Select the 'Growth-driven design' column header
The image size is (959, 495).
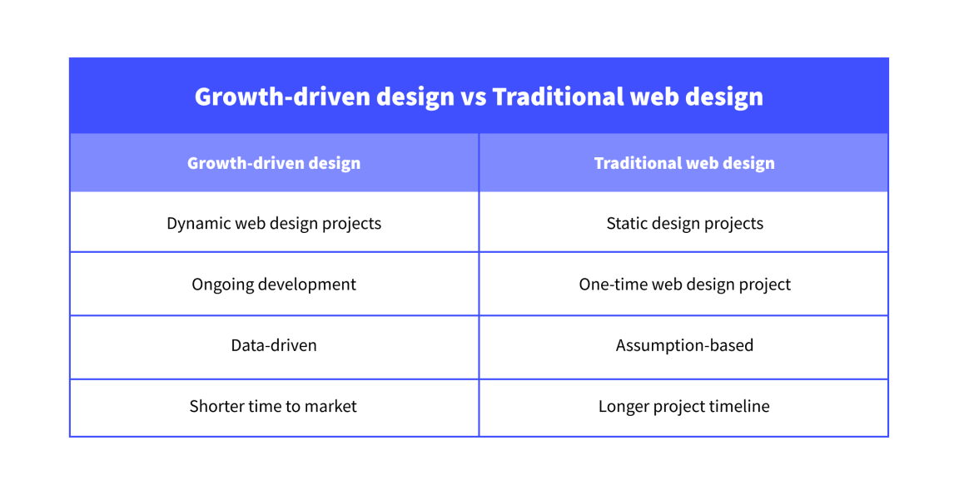click(x=274, y=163)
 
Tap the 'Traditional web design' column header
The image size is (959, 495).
click(x=684, y=163)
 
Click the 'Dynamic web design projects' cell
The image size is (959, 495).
click(x=274, y=223)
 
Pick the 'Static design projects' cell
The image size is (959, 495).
click(x=684, y=223)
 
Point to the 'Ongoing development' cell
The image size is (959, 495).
click(x=274, y=285)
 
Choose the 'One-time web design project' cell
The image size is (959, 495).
click(x=684, y=285)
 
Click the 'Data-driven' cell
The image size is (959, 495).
click(x=274, y=345)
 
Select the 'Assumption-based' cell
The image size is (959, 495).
click(x=684, y=345)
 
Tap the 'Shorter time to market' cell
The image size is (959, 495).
click(x=274, y=407)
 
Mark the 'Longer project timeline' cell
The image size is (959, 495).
click(x=684, y=407)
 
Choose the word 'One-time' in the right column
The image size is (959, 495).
click(x=610, y=285)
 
